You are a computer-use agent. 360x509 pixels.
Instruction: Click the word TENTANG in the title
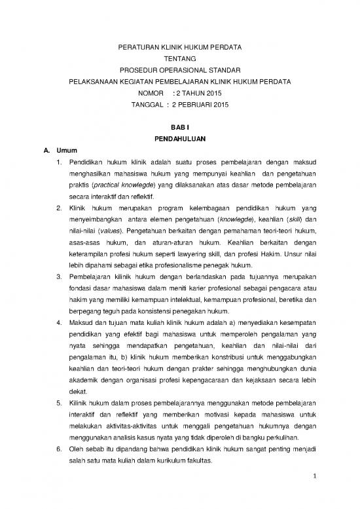[x=179, y=58]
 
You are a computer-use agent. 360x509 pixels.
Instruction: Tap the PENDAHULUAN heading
[x=179, y=139]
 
